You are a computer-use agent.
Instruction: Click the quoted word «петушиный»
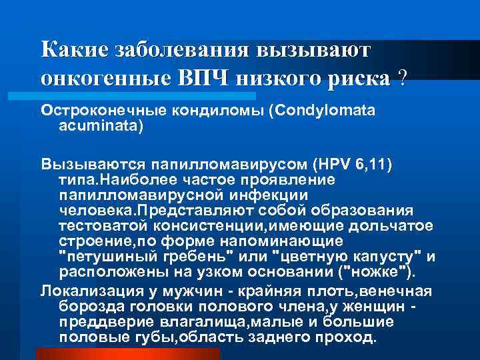96,255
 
